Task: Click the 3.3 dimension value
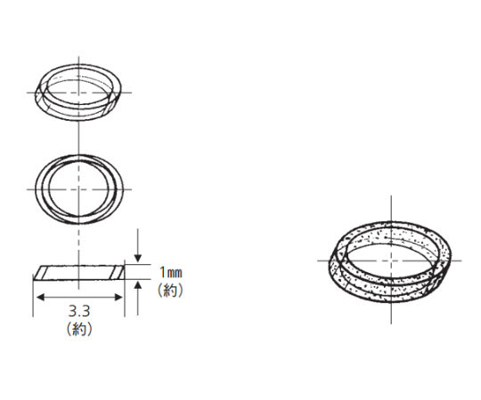pos(79,311)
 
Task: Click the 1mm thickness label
pos(171,272)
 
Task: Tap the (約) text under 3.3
pos(79,329)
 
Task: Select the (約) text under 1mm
pos(170,290)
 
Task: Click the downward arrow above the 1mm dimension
pos(138,245)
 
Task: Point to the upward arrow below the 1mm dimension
pos(138,298)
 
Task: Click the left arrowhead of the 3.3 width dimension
pos(40,297)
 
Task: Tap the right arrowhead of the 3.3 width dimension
pos(118,297)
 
